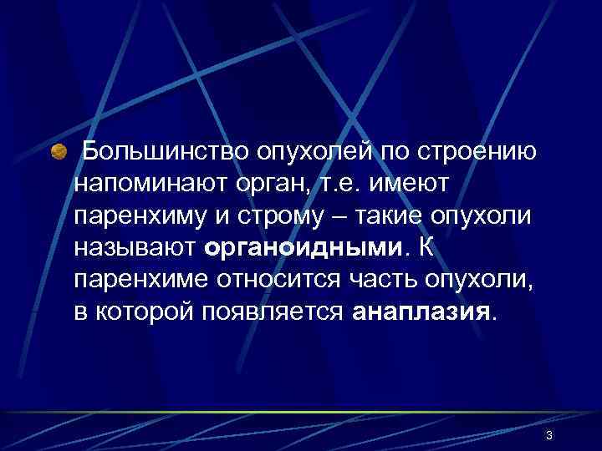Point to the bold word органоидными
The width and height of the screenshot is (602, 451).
pos(303,247)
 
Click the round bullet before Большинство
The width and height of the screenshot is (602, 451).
pos(59,153)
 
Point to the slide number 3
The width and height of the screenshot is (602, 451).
pos(548,435)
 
